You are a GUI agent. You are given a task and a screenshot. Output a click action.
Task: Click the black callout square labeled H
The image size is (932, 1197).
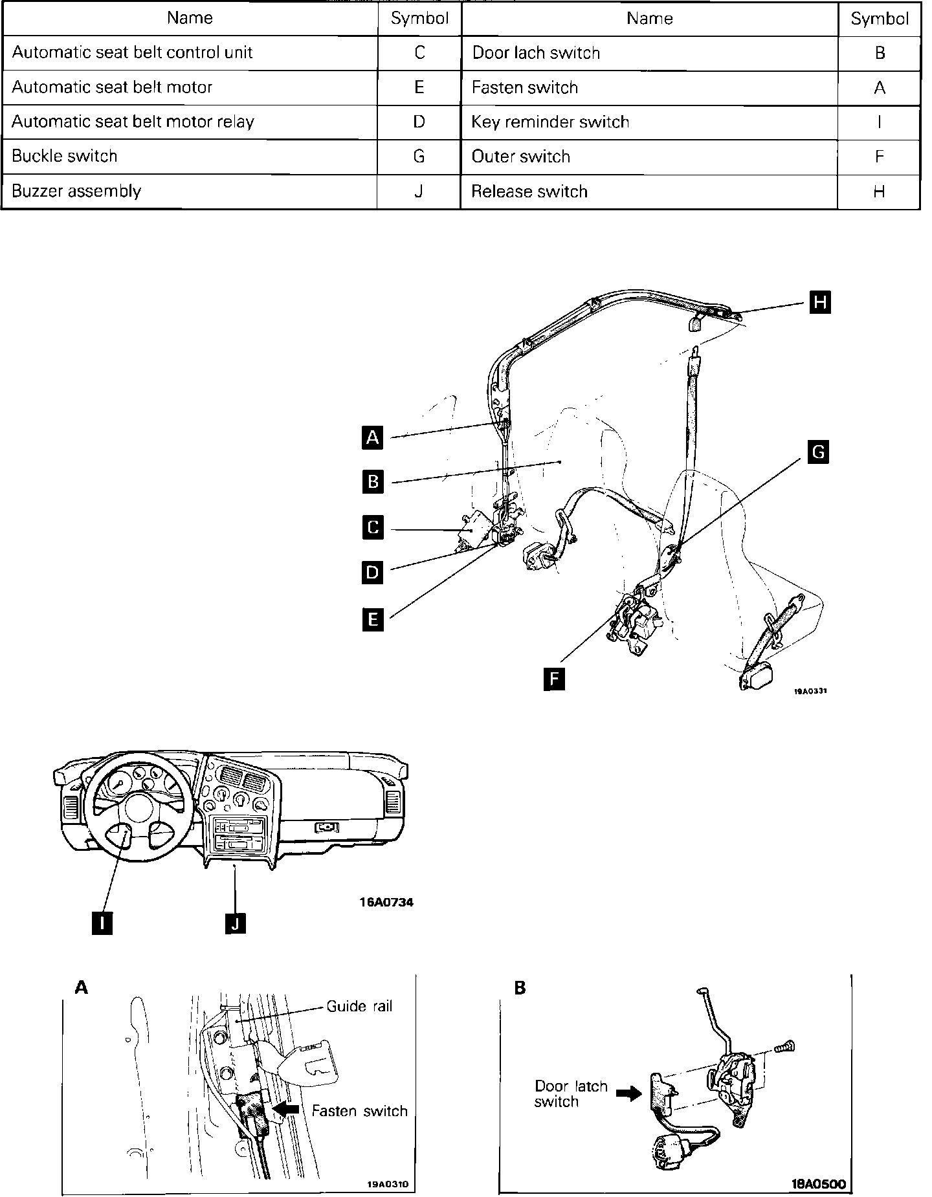(821, 302)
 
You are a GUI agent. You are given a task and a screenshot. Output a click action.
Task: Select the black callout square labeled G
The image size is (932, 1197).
(819, 452)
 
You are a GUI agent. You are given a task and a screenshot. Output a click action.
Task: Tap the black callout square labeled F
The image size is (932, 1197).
(555, 679)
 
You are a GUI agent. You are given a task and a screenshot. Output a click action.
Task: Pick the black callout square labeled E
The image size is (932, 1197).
(373, 620)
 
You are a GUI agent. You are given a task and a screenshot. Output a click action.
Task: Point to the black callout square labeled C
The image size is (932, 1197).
(373, 527)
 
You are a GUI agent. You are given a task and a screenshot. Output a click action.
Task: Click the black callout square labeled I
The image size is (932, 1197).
(102, 923)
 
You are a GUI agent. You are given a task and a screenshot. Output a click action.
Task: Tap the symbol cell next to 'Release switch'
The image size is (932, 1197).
(879, 192)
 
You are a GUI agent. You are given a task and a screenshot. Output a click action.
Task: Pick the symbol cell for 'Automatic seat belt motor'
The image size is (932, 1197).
(419, 87)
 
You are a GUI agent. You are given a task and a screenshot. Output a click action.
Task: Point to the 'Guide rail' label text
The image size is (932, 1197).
(359, 1006)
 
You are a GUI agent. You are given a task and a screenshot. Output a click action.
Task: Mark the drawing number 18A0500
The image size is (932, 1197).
(818, 1185)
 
